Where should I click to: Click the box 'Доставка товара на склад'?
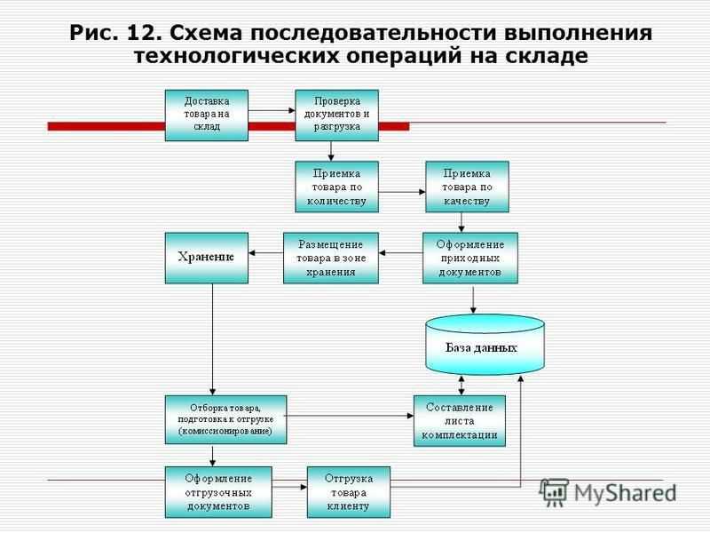click(x=207, y=115)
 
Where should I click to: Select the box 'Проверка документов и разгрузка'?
click(x=337, y=115)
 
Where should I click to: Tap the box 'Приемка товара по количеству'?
click(x=337, y=187)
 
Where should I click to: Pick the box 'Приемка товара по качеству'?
click(x=468, y=187)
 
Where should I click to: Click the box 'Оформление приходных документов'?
click(x=470, y=259)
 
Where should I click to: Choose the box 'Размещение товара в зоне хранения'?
click(x=331, y=259)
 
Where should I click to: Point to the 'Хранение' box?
click(x=207, y=259)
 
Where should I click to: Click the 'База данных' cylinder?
click(x=485, y=345)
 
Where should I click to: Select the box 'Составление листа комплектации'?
click(x=460, y=421)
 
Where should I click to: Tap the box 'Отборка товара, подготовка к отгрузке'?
click(x=226, y=419)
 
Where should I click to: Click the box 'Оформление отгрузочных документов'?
click(x=218, y=492)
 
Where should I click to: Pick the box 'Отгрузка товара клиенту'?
click(x=349, y=492)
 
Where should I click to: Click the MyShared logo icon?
click(x=554, y=492)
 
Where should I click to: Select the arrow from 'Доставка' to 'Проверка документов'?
click(x=272, y=110)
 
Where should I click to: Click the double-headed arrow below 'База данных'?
click(x=461, y=386)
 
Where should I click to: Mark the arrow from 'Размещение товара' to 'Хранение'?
click(x=265, y=253)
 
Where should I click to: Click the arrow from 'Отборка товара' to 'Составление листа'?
click(x=350, y=416)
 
